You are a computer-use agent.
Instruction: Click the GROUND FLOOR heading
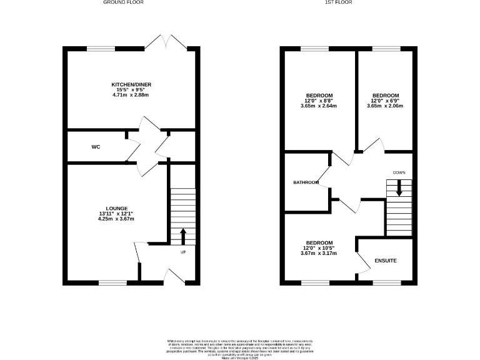click(x=124, y=2)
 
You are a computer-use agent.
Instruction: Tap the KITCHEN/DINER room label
click(x=131, y=84)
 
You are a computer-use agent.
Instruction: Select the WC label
click(x=96, y=147)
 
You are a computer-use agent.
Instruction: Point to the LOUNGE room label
click(x=117, y=208)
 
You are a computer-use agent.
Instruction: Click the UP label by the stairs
click(x=183, y=252)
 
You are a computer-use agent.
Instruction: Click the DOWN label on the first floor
click(x=399, y=172)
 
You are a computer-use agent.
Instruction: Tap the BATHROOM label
click(x=306, y=182)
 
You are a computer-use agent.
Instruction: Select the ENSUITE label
click(x=386, y=260)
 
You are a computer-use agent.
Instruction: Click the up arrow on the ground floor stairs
click(x=183, y=236)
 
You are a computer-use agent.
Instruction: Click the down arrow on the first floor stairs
click(x=399, y=187)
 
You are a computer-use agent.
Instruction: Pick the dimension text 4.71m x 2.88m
click(x=131, y=94)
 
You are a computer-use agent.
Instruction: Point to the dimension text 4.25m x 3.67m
click(x=117, y=219)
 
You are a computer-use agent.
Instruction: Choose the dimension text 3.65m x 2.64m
click(x=319, y=106)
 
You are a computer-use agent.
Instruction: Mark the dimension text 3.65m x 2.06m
click(x=385, y=106)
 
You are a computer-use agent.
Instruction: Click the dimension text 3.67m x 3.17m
click(x=319, y=253)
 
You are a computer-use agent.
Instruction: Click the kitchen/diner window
click(x=101, y=48)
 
